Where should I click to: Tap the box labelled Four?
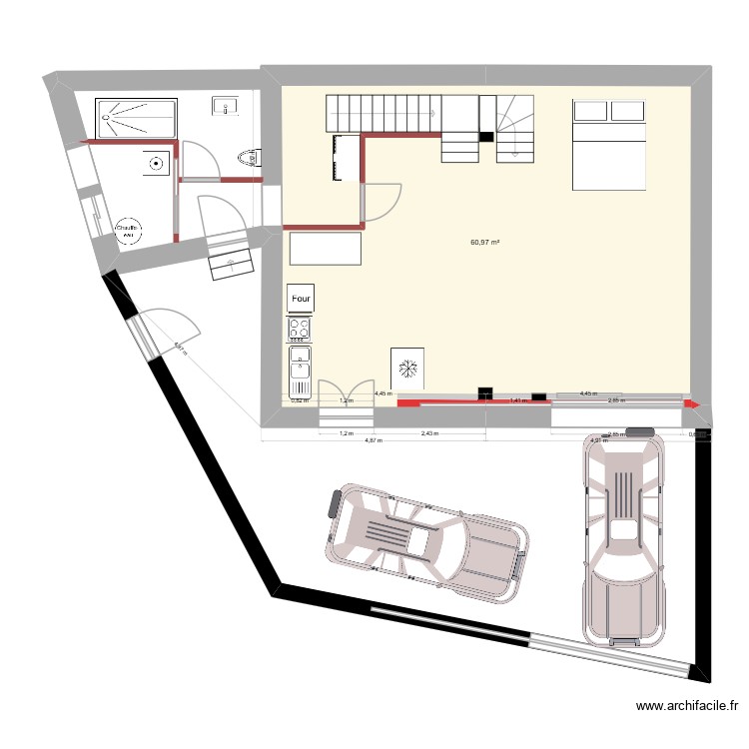pyautogui.click(x=300, y=298)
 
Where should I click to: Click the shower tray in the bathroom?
pyautogui.click(x=135, y=118)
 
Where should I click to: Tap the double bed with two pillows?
pyautogui.click(x=607, y=144)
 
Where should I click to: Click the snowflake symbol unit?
pyautogui.click(x=406, y=369)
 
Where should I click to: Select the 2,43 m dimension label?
pyautogui.click(x=428, y=434)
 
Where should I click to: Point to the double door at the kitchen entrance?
pyautogui.click(x=347, y=393)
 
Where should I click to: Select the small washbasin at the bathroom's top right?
pyautogui.click(x=223, y=105)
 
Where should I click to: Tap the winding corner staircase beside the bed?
pyautogui.click(x=515, y=127)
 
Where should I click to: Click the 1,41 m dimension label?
pyautogui.click(x=517, y=400)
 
